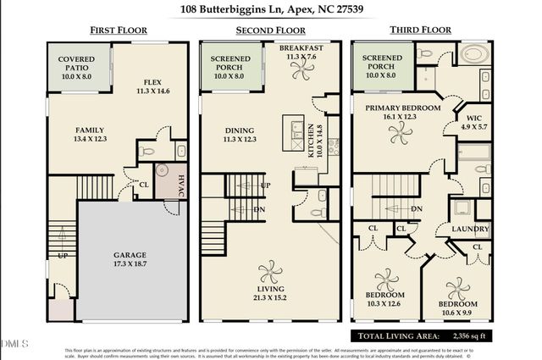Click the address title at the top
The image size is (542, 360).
tap(270, 10)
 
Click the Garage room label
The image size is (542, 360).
tap(131, 255)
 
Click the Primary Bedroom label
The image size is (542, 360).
tap(402, 108)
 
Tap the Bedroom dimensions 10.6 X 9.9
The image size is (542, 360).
tap(457, 311)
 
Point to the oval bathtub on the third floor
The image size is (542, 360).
tap(475, 55)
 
